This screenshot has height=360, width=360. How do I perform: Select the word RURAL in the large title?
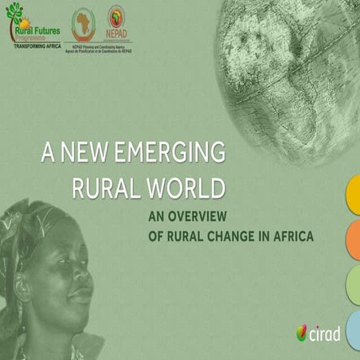tap(101, 188)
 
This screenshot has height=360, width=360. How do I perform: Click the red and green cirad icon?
tap(303, 334)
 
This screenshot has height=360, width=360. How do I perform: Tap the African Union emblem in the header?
tap(83, 24)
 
